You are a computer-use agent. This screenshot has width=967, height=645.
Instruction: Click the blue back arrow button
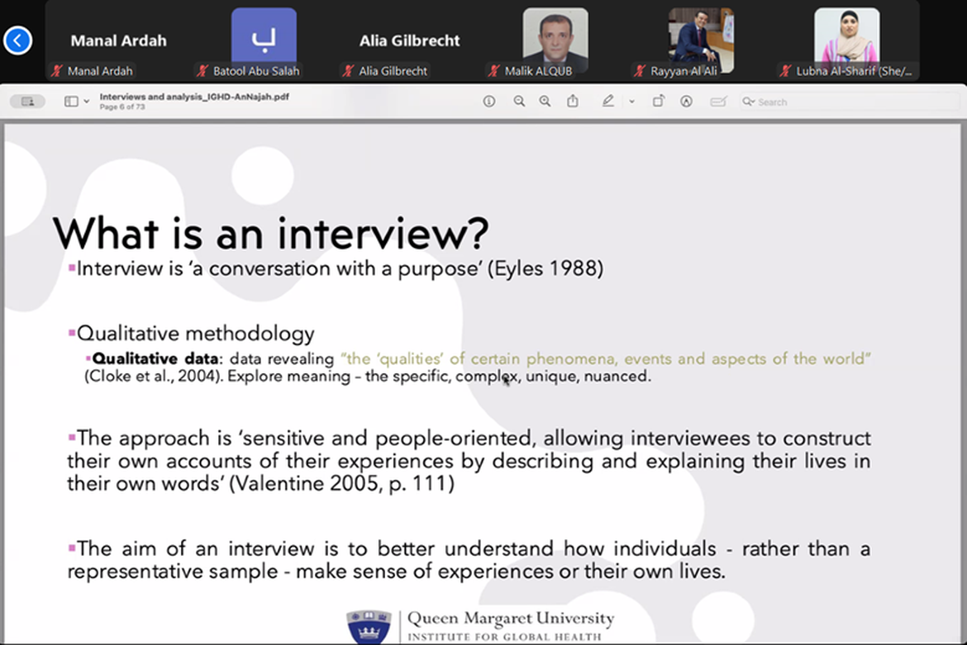click(x=17, y=40)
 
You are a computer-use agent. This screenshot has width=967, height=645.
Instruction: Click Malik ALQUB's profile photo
click(x=555, y=38)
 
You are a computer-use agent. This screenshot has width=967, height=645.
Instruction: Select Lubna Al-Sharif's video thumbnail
click(x=846, y=37)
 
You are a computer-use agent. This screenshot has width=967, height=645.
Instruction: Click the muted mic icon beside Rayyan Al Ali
click(x=640, y=71)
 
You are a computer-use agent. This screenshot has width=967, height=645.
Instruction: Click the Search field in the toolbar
click(x=849, y=102)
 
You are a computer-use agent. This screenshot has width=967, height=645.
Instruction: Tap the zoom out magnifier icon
click(x=519, y=101)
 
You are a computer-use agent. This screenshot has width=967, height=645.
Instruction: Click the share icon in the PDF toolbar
click(x=573, y=101)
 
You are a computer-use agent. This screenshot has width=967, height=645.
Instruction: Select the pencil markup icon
click(x=608, y=101)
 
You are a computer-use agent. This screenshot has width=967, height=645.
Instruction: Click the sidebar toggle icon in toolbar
click(x=72, y=101)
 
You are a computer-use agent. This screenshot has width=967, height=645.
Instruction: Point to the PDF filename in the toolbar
click(x=194, y=97)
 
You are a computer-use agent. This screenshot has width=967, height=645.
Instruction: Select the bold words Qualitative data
click(x=155, y=358)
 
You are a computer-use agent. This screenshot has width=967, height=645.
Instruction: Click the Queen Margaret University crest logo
click(x=369, y=627)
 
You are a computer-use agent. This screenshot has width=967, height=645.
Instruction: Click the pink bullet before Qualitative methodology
click(x=72, y=334)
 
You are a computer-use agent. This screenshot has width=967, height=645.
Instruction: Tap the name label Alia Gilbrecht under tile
click(x=393, y=71)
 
